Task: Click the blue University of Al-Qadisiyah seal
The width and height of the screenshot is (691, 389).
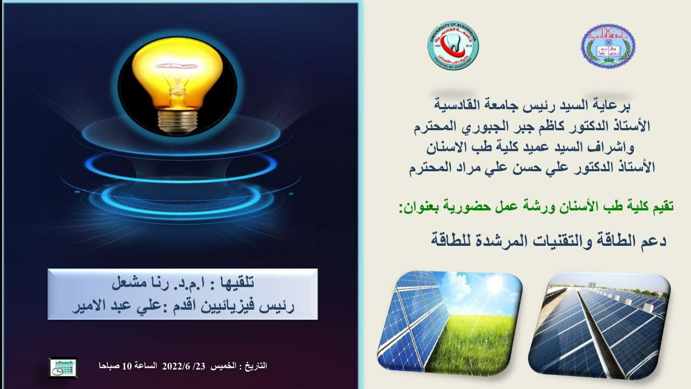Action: tap(608, 46)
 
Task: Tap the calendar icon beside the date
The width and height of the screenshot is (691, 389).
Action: tap(63, 367)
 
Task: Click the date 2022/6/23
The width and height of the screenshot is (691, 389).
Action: tap(184, 366)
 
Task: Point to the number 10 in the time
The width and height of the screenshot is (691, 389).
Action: tap(127, 366)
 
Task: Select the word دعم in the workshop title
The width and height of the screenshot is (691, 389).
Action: tap(654, 240)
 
